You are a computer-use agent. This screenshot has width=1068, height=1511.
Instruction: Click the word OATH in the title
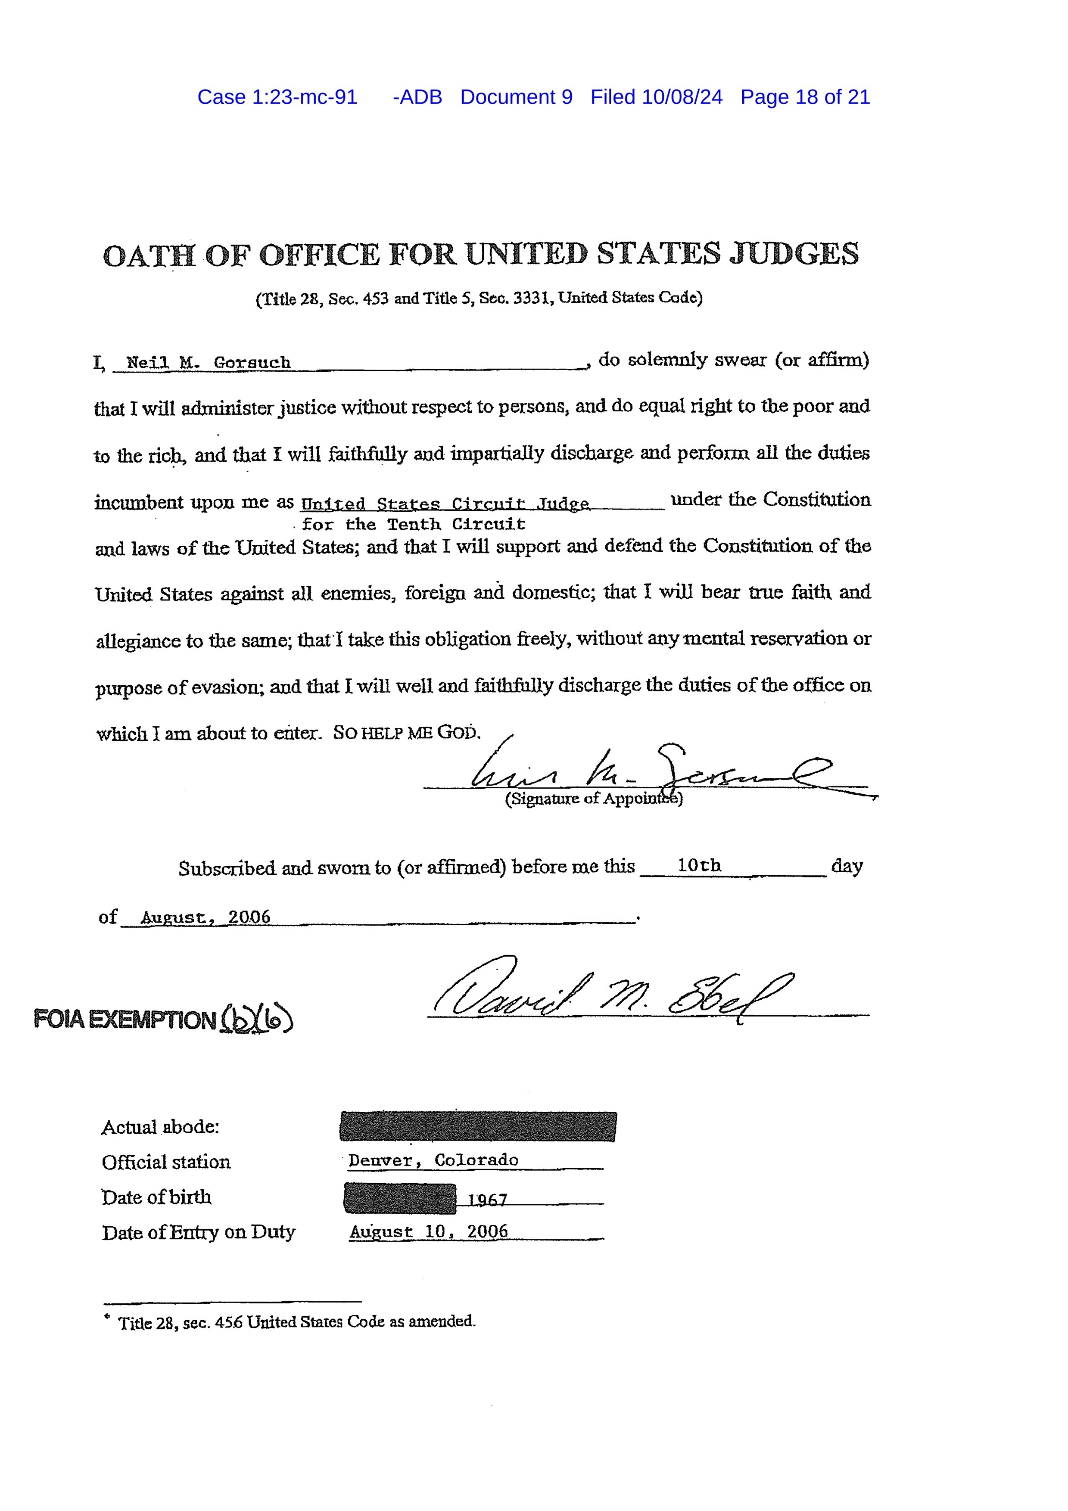pos(149,255)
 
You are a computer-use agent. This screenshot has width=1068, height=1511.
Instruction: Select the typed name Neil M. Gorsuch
pos(208,363)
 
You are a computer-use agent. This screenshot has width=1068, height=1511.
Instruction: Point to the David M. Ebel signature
pos(612,995)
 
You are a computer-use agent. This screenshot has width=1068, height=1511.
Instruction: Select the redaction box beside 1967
pos(399,1198)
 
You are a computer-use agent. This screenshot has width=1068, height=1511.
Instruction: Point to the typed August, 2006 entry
pos(206,917)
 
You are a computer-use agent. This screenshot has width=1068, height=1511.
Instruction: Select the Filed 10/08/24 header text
pos(656,97)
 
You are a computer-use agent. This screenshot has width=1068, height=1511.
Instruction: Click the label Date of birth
pos(157,1197)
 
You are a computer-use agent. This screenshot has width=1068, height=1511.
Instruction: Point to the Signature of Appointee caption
pos(594,799)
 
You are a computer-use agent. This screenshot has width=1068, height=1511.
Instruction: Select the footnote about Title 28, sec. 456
pos(296,1321)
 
